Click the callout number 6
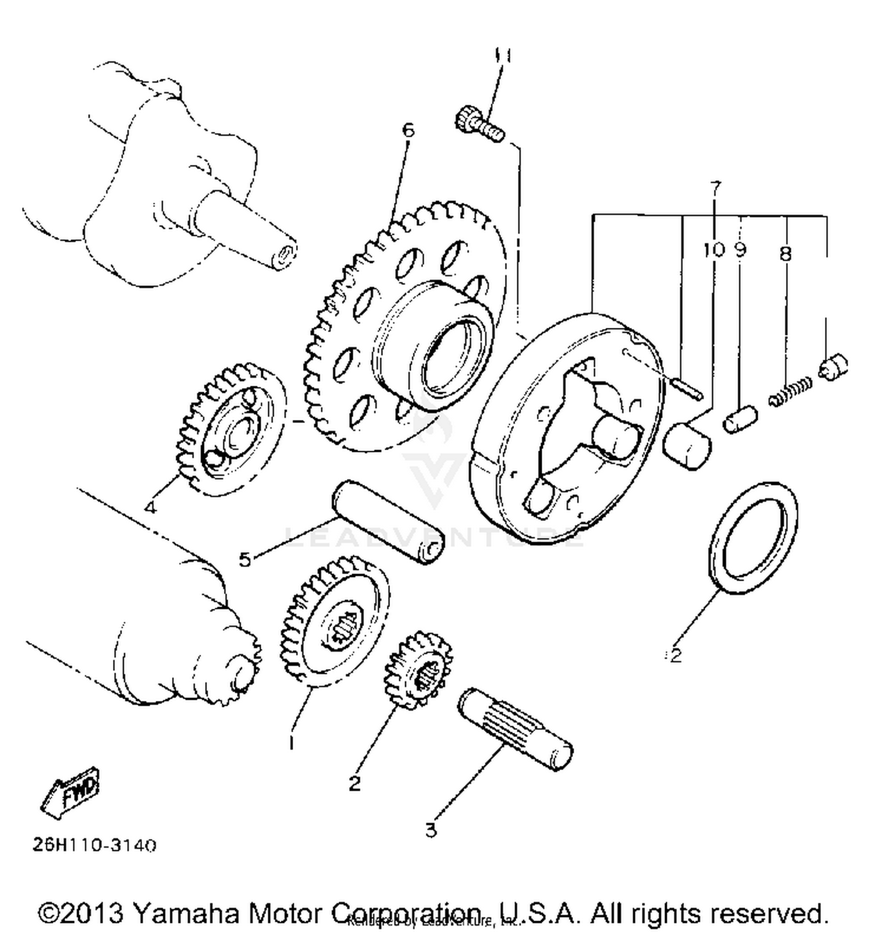(x=408, y=130)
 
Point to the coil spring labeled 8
(x=791, y=392)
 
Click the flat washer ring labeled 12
(x=753, y=536)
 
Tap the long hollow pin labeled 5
(x=388, y=521)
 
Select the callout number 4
(x=150, y=508)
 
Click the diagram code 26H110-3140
(x=94, y=845)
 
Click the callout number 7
(x=716, y=188)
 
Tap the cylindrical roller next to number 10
(x=687, y=445)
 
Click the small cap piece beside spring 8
(x=834, y=366)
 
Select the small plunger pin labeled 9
(x=740, y=419)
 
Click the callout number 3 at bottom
(x=430, y=830)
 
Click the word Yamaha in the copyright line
(x=185, y=914)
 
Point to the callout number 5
(x=245, y=560)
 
